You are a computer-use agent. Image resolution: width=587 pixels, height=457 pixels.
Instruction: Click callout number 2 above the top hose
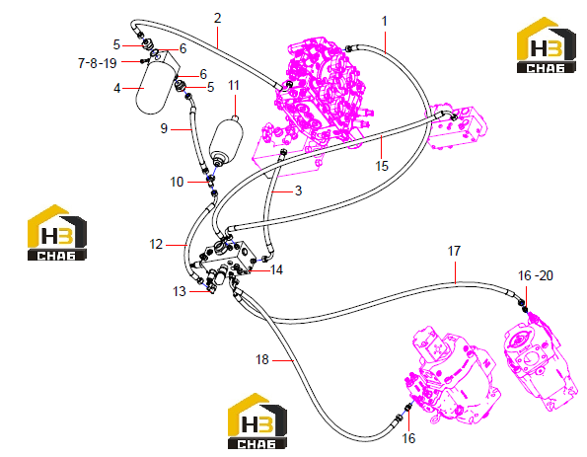pos(217,18)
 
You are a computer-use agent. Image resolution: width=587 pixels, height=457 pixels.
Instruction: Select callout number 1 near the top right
pos(385,21)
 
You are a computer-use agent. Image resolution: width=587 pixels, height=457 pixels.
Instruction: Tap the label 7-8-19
pos(98,63)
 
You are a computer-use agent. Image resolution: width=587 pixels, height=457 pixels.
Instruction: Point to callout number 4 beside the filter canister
pos(117,88)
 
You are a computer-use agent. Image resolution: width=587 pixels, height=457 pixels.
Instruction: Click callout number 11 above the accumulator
pos(234,86)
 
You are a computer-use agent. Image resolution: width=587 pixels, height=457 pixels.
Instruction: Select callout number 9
pos(164,128)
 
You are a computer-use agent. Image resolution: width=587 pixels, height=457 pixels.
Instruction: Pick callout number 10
pos(177,182)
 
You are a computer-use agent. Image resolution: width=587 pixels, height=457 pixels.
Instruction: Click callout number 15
pos(382,166)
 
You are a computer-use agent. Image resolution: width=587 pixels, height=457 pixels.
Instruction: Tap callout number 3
pos(298,190)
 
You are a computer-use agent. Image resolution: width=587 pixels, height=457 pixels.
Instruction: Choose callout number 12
pos(156,244)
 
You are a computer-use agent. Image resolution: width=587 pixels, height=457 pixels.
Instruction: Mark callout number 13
pos(180,291)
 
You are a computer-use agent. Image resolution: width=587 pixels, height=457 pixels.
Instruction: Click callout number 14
pos(276,269)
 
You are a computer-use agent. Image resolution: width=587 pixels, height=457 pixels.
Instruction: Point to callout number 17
pos(454,251)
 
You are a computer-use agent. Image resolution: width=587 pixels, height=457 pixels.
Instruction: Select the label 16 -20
pos(536,275)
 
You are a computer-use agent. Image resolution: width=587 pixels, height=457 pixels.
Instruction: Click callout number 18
pos(262,359)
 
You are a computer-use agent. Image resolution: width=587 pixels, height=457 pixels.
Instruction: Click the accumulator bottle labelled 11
pos(226,141)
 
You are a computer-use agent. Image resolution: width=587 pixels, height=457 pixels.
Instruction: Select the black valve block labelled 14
pos(228,258)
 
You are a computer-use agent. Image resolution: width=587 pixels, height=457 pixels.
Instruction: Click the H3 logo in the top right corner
pos(547,45)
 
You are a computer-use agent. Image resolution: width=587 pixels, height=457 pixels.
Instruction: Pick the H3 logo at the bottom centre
pos(257,420)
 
